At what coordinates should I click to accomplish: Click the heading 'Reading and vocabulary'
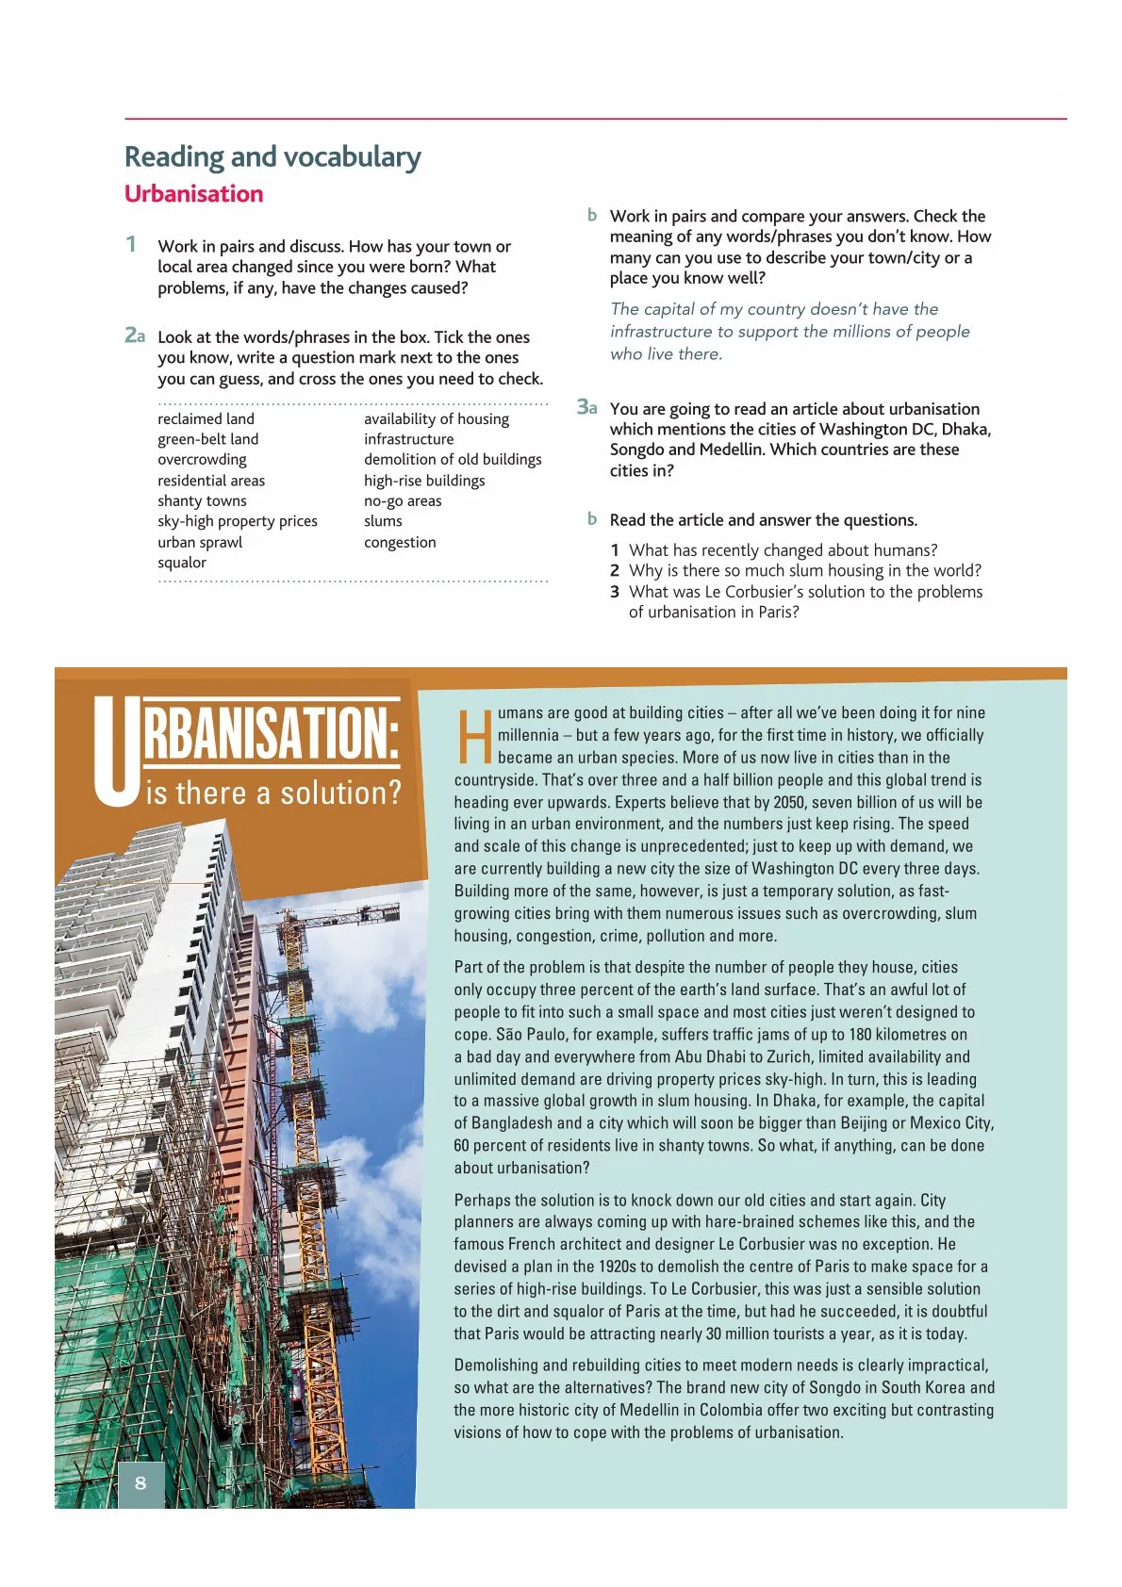[x=272, y=156]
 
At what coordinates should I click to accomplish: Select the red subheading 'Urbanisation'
[x=193, y=194]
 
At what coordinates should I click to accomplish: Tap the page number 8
[x=140, y=1482]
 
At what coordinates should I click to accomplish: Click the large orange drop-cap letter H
[x=474, y=738]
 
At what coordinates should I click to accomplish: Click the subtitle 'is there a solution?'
[x=273, y=793]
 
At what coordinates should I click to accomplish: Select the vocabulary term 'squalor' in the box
[x=182, y=563]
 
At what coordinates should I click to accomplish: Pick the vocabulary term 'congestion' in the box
[x=400, y=542]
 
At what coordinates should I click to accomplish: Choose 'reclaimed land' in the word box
[x=206, y=418]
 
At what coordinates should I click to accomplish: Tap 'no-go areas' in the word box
[x=403, y=500]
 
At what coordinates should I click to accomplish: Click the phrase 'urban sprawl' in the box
[x=200, y=542]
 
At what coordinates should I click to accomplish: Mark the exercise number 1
[x=131, y=245]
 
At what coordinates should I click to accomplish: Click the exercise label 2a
[x=135, y=335]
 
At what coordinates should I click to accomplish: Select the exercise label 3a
[x=586, y=407]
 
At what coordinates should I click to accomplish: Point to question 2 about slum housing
[x=804, y=570]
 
